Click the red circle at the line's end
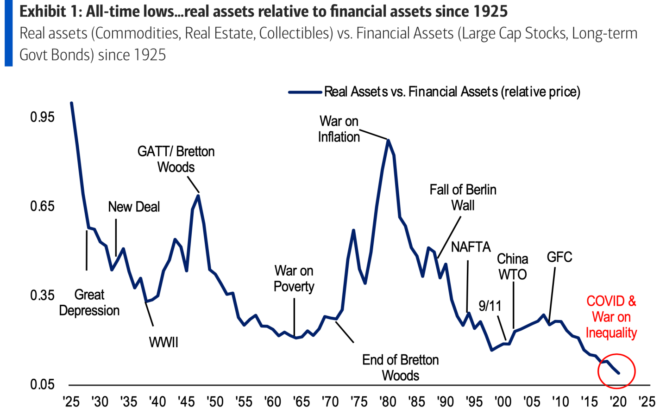616,371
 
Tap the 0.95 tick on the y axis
42,117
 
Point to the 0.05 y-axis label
42,384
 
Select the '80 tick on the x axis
388,401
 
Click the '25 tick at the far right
647,401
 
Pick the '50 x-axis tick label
215,401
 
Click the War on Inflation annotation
339,129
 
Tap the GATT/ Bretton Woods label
176,159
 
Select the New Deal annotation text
134,207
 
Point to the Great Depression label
89,302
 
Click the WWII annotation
163,342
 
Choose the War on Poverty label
294,278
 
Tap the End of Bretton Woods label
401,367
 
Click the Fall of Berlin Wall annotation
463,197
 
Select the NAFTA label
471,247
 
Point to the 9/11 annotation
490,306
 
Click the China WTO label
513,266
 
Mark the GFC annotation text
559,257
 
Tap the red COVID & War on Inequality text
611,317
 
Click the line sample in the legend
305,92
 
